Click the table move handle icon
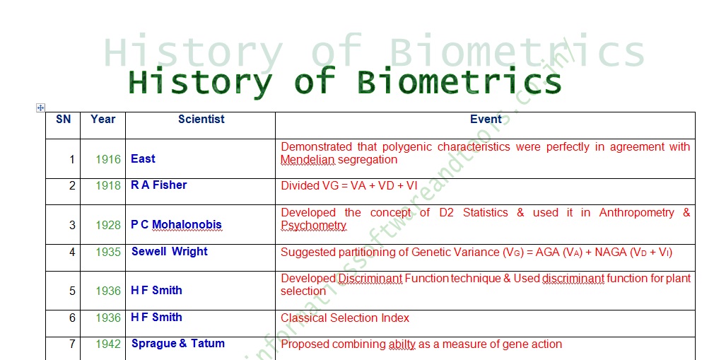click(x=40, y=108)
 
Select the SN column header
click(x=64, y=120)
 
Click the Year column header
click(x=103, y=120)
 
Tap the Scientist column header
click(x=201, y=120)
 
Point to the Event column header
click(x=486, y=120)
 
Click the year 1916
click(x=108, y=160)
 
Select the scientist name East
click(x=143, y=159)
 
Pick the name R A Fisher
click(x=159, y=185)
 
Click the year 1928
click(x=108, y=225)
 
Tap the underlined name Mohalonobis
click(x=187, y=225)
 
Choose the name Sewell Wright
click(x=170, y=252)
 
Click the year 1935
click(x=108, y=252)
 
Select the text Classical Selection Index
click(x=345, y=318)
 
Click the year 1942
click(x=108, y=344)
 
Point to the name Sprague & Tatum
click(x=178, y=344)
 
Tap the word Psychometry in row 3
click(x=313, y=226)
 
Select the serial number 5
click(x=72, y=291)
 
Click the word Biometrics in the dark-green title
click(x=459, y=82)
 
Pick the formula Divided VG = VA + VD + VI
click(x=349, y=186)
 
